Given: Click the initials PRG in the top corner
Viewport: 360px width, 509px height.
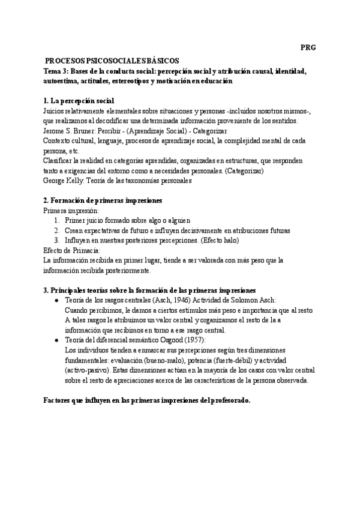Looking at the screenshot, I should point(308,47).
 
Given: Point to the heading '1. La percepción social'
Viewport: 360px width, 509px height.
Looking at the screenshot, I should point(79,100).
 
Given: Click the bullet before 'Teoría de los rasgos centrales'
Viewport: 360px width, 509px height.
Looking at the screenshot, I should point(56,300).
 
